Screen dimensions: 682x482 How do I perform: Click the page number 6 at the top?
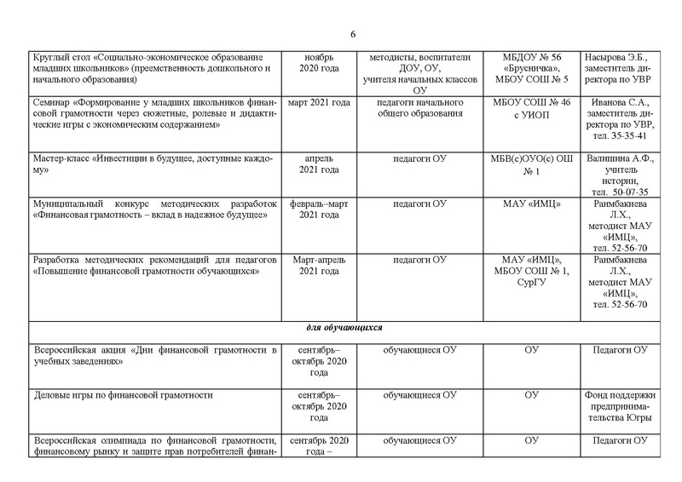(x=353, y=34)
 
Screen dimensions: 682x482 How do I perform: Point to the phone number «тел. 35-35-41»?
(x=619, y=135)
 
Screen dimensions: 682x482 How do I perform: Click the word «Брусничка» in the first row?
(x=530, y=68)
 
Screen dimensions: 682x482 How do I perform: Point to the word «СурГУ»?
(x=530, y=282)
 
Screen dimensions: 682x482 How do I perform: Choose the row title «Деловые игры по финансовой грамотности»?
(x=122, y=395)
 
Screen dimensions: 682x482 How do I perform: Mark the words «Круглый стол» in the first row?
(x=61, y=56)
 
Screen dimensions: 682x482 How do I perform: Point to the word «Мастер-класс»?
(x=61, y=158)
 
